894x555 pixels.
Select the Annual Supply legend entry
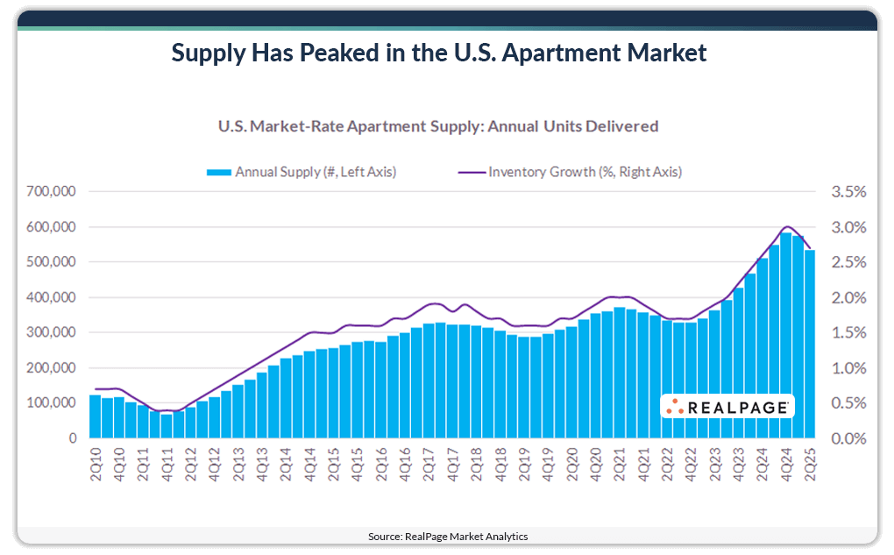point(302,172)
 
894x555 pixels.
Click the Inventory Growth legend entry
point(570,172)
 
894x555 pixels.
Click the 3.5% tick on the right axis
point(848,191)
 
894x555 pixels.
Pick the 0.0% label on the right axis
point(848,438)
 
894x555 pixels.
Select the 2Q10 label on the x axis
point(96,464)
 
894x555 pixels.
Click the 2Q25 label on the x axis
point(810,464)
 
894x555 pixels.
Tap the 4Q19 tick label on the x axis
point(548,464)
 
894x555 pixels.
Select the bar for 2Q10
point(96,416)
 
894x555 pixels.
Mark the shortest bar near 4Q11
point(167,425)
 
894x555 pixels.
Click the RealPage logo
point(727,407)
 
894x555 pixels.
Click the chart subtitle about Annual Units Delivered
point(437,126)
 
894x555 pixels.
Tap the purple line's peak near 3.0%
point(787,227)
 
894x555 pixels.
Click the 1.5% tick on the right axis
point(848,333)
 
